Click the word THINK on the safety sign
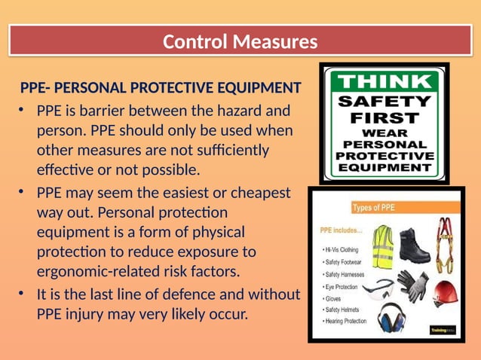click(384, 81)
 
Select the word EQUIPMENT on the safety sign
click(384, 169)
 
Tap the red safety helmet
click(447, 290)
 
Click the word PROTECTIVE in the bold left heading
click(178, 89)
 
